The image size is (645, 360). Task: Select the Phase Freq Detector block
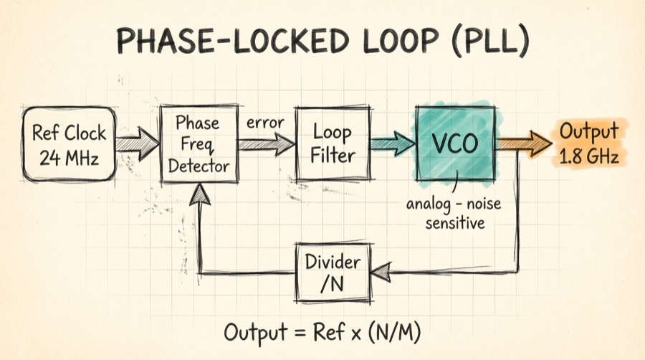tap(199, 143)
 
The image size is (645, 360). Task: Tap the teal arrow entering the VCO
tap(394, 143)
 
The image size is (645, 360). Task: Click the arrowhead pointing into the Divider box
tap(380, 270)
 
